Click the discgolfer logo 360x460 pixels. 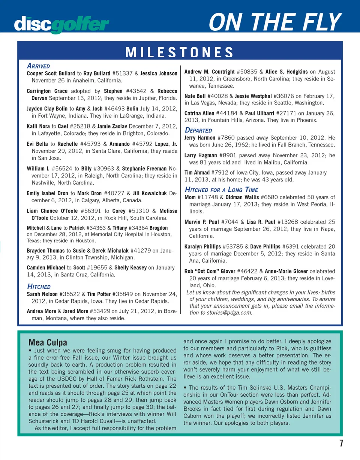click(x=62, y=24)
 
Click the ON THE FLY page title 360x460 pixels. click(x=275, y=22)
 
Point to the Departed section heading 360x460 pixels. click(x=198, y=130)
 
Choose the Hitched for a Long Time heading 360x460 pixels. click(x=221, y=190)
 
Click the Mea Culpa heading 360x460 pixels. click(x=48, y=342)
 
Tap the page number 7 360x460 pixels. click(x=341, y=444)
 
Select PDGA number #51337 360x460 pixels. click(x=116, y=73)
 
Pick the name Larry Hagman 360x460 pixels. click(x=200, y=155)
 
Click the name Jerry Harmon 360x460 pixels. click(x=200, y=137)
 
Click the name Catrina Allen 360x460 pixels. click(x=199, y=113)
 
